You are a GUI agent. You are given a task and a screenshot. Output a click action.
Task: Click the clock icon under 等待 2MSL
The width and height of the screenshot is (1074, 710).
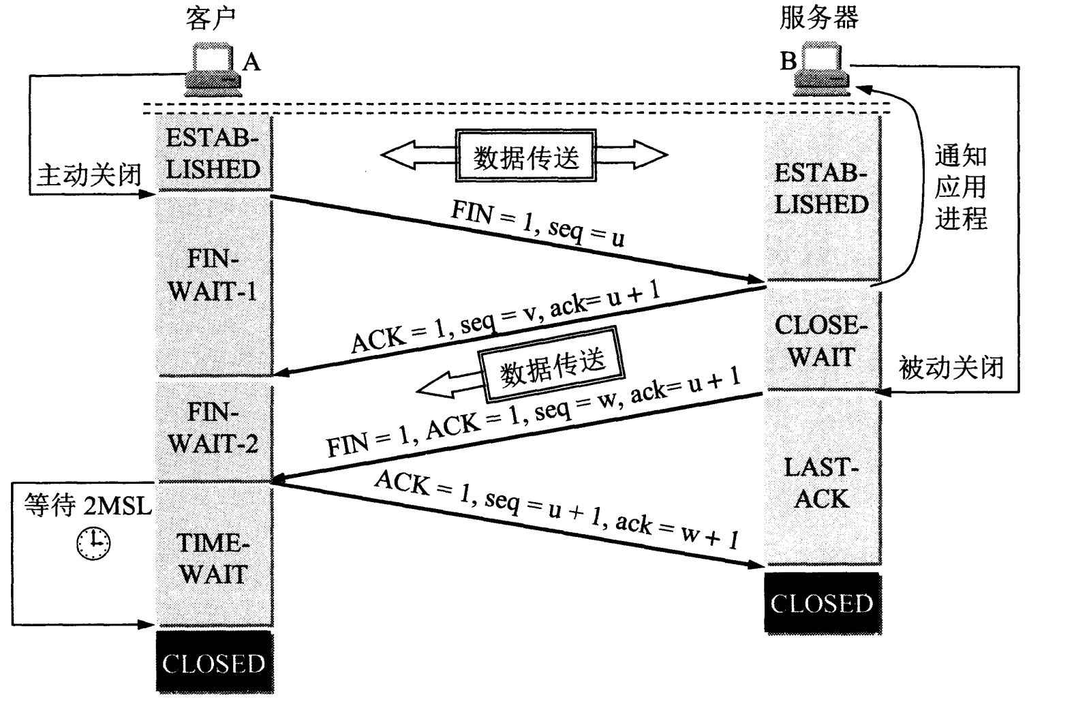93,542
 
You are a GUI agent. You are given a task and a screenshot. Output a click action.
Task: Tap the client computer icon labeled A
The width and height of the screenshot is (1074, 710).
213,70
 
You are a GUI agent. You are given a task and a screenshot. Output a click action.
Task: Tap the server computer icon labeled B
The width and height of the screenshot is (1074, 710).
823,70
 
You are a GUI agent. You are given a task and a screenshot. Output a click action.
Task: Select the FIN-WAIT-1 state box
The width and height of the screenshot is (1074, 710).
213,275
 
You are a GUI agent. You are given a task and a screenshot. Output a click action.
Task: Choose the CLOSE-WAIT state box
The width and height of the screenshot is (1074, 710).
821,341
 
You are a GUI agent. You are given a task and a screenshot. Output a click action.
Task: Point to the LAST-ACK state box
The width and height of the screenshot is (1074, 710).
821,482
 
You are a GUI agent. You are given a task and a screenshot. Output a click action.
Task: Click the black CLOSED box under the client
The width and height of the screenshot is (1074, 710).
214,663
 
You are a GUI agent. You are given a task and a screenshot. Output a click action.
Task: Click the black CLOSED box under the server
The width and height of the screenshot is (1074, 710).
822,604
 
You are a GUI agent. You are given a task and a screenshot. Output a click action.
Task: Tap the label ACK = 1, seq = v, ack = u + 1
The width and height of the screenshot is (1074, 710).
505,317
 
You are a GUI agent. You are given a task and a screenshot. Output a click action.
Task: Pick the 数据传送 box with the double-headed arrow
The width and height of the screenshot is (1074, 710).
525,157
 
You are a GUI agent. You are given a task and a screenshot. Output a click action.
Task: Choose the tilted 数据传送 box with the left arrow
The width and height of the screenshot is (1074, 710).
551,367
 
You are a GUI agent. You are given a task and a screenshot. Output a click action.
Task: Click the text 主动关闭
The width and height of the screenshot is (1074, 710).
89,175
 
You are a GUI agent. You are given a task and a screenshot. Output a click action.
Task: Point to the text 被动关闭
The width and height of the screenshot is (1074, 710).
951,368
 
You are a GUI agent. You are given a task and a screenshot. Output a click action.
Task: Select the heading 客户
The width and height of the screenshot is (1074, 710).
211,18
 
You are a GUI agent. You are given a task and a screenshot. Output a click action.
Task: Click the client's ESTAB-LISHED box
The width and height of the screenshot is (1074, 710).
213,154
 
